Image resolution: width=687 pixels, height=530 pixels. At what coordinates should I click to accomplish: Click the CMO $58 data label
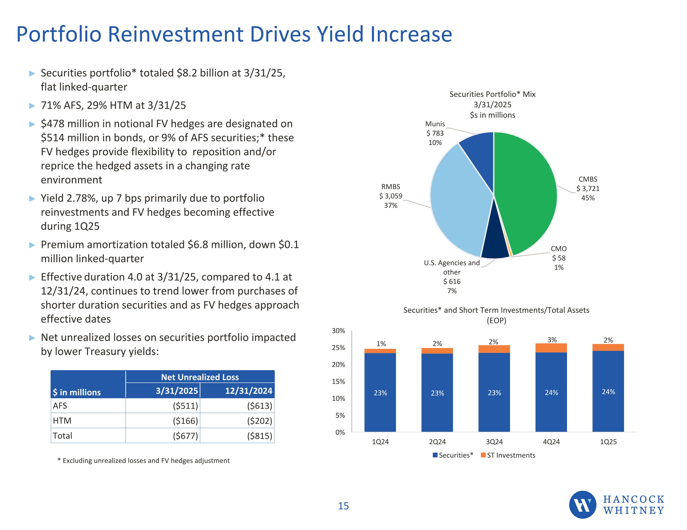click(x=559, y=258)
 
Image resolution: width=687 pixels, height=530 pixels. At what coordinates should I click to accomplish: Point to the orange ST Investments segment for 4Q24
click(x=551, y=348)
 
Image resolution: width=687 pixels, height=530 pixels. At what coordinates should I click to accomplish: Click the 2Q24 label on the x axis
click(x=437, y=442)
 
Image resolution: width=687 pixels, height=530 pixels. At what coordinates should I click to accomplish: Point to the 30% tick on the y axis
click(x=338, y=331)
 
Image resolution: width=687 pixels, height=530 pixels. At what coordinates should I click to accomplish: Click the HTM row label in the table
click(x=62, y=421)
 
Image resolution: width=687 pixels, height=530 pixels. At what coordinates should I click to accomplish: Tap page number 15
click(x=343, y=506)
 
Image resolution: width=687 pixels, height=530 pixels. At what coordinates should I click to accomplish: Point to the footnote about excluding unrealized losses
click(x=144, y=460)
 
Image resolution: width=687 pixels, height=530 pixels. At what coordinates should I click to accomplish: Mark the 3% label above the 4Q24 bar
click(x=552, y=340)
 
